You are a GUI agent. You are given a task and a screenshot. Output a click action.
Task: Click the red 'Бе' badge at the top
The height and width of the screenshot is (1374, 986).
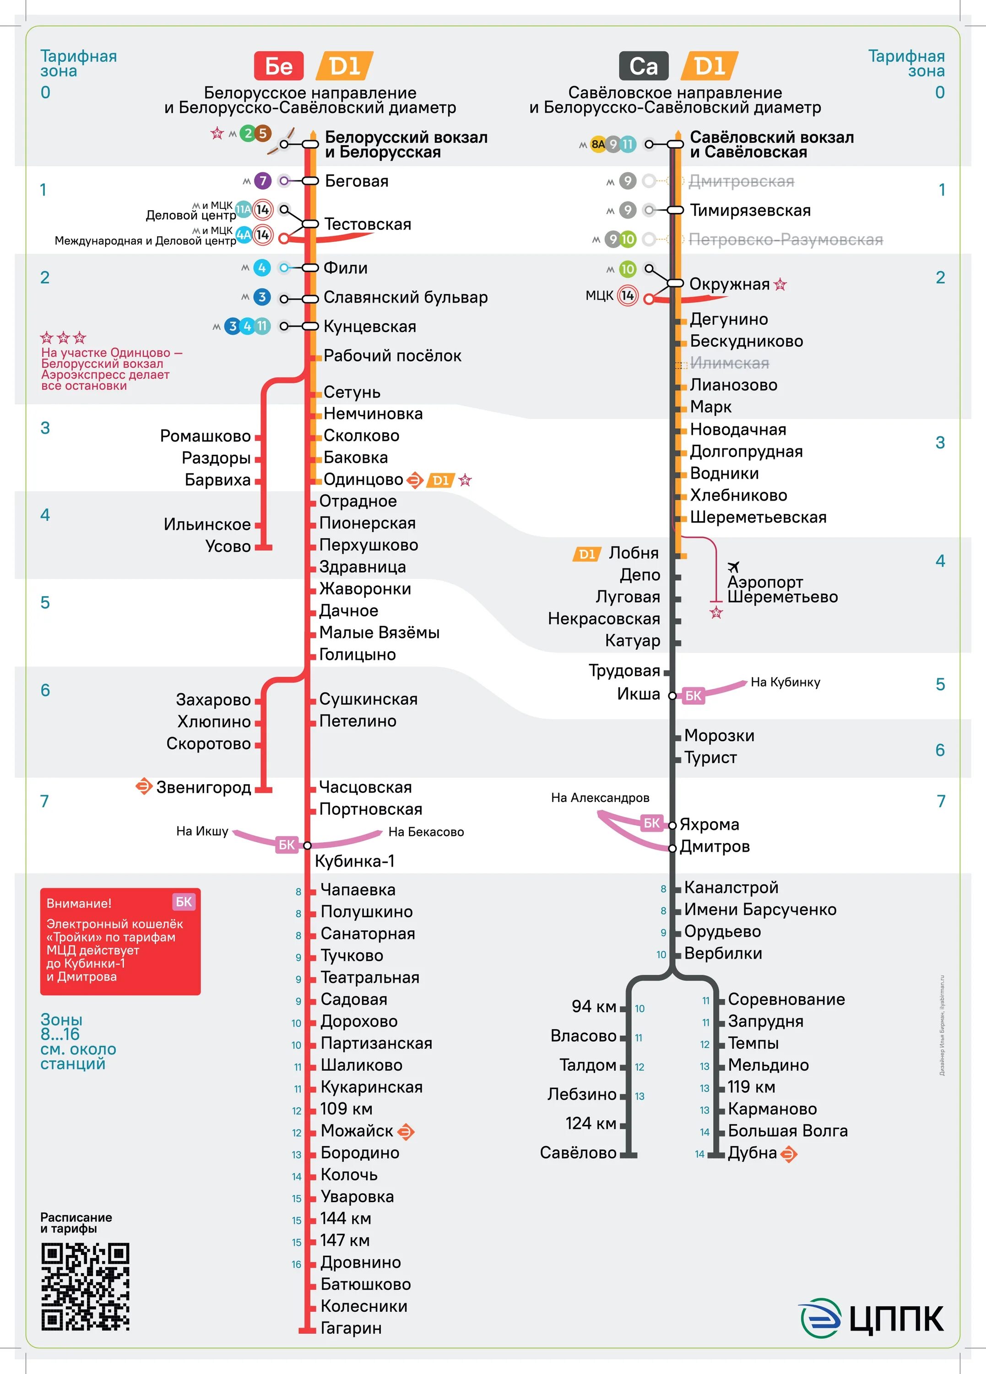(279, 66)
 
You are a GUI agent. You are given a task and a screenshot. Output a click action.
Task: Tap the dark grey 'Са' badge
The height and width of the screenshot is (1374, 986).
(643, 66)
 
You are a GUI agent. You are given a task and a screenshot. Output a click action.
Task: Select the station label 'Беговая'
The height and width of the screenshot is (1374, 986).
(357, 181)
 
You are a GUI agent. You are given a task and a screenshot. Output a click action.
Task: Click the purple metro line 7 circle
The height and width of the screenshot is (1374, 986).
(262, 180)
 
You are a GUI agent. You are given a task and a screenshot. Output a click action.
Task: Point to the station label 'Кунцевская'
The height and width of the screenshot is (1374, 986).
(369, 327)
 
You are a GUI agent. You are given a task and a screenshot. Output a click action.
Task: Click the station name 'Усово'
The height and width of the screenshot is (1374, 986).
(228, 546)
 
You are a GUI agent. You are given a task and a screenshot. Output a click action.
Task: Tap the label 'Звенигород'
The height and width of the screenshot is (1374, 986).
(204, 788)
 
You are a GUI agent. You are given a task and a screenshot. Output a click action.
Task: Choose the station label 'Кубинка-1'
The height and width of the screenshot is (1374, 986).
(354, 861)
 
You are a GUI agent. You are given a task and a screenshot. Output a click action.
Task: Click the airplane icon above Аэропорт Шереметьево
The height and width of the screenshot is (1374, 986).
(733, 567)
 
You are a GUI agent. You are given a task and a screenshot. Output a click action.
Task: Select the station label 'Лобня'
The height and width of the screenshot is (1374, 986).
(634, 553)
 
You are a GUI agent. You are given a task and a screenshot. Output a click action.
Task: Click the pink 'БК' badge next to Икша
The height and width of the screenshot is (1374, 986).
(693, 696)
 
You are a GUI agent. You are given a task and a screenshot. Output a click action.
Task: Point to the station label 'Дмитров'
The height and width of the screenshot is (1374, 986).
(715, 846)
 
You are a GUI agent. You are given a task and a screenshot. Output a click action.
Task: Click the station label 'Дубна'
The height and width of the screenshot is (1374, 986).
(752, 1153)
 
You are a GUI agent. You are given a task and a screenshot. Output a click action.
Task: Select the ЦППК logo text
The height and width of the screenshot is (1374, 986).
(896, 1318)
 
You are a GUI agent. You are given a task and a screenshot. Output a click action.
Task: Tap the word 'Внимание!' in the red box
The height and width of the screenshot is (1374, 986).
(79, 903)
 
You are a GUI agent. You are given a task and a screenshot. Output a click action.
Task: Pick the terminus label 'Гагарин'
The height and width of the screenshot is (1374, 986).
(351, 1328)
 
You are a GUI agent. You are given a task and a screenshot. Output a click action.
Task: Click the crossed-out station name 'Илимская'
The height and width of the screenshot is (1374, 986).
(729, 364)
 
